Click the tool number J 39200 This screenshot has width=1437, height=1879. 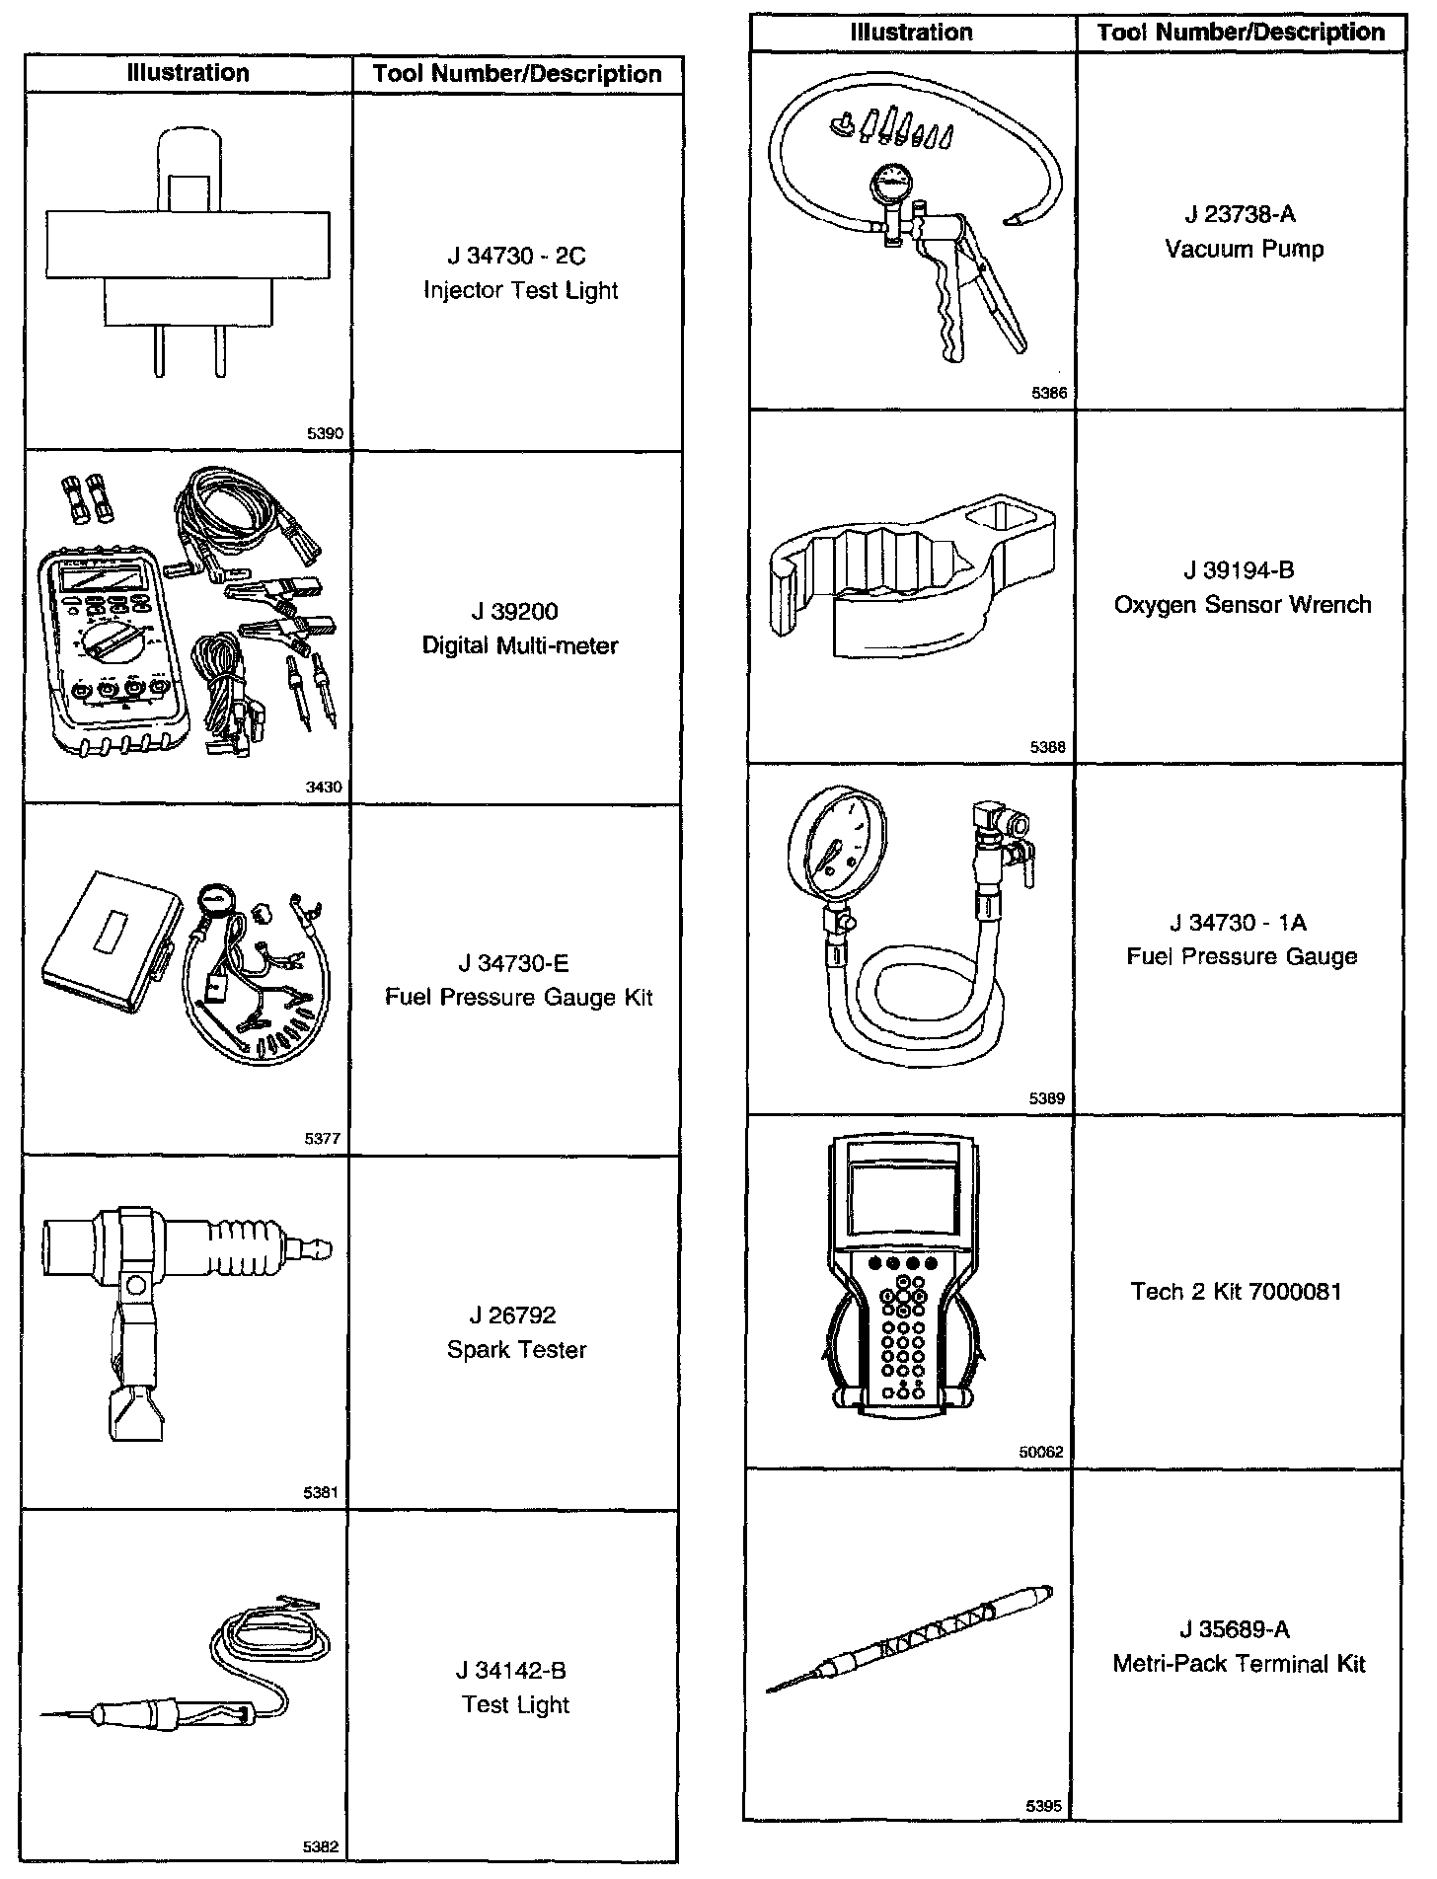point(515,612)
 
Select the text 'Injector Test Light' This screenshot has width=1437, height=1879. point(520,291)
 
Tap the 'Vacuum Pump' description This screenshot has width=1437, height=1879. point(1244,249)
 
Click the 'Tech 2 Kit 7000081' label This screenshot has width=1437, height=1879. point(1237,1292)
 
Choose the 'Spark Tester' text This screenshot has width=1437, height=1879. point(516,1350)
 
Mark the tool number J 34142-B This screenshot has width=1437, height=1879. point(511,1671)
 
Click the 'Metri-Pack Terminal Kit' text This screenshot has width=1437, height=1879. point(1239,1664)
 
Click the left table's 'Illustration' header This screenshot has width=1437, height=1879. point(189,73)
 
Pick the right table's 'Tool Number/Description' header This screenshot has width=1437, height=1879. point(1241,33)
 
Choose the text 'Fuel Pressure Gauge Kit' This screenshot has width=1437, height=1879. point(519,998)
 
